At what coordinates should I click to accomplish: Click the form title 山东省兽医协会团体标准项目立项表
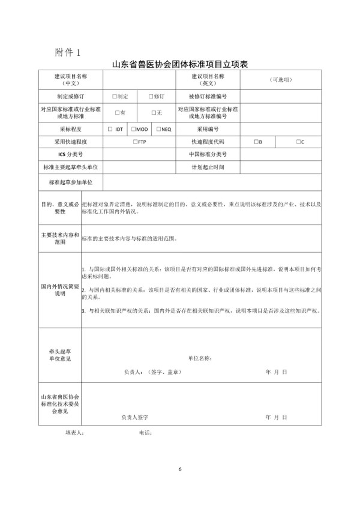click(180, 64)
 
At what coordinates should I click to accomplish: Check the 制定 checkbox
click(114, 96)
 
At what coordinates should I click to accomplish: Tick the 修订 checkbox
click(151, 96)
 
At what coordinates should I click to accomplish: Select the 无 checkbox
click(154, 112)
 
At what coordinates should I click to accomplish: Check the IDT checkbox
click(110, 129)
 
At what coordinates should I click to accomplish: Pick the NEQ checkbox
click(158, 129)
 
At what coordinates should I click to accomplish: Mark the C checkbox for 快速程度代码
click(297, 142)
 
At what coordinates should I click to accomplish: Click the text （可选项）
click(280, 80)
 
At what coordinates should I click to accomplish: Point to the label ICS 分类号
click(71, 154)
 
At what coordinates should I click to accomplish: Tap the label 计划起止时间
click(208, 167)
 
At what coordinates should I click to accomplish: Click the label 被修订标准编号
click(208, 96)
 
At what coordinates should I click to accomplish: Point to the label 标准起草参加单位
click(71, 181)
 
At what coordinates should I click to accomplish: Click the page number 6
click(180, 468)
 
